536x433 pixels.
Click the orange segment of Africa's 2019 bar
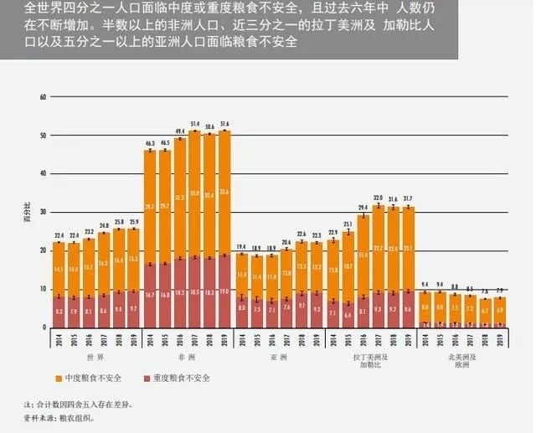tap(224, 193)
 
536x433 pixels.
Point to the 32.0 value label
tap(379, 198)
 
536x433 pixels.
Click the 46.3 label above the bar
tap(150, 144)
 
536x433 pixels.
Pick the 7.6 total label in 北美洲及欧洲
tap(484, 291)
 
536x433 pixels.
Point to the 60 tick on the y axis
tap(43, 97)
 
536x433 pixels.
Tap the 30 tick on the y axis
tap(43, 212)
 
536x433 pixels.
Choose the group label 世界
tap(95, 357)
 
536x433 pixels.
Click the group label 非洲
tap(187, 357)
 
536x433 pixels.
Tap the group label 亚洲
tap(278, 357)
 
